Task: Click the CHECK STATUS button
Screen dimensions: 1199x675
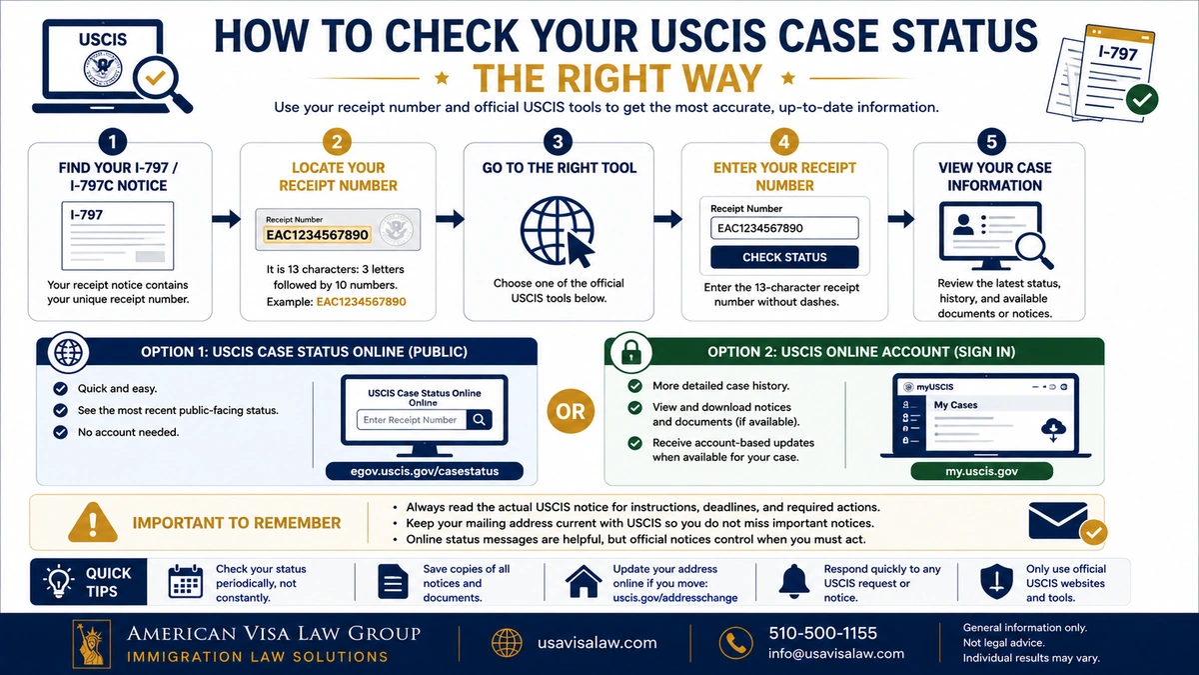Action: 784,257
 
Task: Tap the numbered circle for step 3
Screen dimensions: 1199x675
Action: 558,142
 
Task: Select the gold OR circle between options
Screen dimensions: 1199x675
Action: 571,411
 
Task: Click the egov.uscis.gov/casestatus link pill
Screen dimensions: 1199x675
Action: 425,471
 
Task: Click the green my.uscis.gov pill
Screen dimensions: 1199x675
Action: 981,471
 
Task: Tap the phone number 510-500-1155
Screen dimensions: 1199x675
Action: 822,633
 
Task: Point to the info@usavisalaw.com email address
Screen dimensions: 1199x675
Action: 836,654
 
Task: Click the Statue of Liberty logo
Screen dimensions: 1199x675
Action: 92,644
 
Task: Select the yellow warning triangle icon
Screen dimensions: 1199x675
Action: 93,522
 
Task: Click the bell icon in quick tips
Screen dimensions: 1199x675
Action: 793,581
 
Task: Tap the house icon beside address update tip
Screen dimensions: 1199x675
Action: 583,581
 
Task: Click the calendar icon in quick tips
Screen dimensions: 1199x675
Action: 185,581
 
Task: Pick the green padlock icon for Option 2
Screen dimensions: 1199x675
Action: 631,352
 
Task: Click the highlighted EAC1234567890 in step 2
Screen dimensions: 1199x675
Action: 318,235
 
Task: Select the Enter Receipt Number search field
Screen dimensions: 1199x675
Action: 412,420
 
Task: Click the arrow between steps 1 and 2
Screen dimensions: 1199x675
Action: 226,219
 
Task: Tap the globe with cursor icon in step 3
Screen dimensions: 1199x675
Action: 558,231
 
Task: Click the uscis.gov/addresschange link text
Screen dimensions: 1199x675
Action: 675,598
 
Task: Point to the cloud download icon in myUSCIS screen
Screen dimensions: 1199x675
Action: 1053,430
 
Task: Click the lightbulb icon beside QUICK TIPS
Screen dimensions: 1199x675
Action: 58,581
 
